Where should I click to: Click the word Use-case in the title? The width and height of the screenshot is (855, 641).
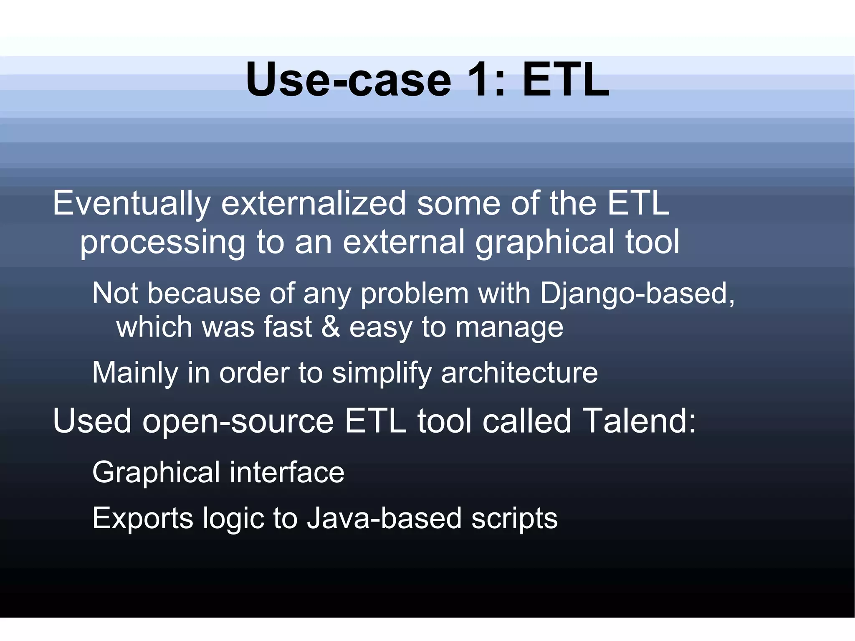(349, 79)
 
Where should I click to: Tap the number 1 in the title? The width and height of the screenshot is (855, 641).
(486, 79)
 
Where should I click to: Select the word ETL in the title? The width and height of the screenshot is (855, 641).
(566, 79)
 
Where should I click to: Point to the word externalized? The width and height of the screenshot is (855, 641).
(313, 203)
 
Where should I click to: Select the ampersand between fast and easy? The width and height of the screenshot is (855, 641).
(331, 327)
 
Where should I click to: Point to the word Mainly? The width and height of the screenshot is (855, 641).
(135, 373)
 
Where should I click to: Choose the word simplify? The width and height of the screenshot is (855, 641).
(382, 373)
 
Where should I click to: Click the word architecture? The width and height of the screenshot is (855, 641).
(519, 372)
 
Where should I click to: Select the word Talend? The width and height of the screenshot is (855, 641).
(639, 421)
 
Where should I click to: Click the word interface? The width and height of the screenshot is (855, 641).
(287, 472)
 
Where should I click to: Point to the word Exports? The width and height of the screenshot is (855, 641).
(142, 519)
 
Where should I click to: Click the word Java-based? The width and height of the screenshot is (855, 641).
(384, 519)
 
